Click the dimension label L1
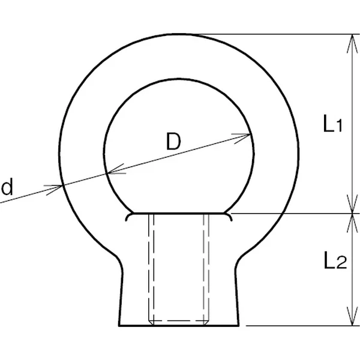coord(332,124)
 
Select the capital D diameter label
coord(173,141)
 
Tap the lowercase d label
coord(7,187)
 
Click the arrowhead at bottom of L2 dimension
coord(352,316)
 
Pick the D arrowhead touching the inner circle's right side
coord(241,138)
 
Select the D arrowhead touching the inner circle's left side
coord(116,170)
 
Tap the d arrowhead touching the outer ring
coord(53,190)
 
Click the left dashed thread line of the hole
coord(151,269)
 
